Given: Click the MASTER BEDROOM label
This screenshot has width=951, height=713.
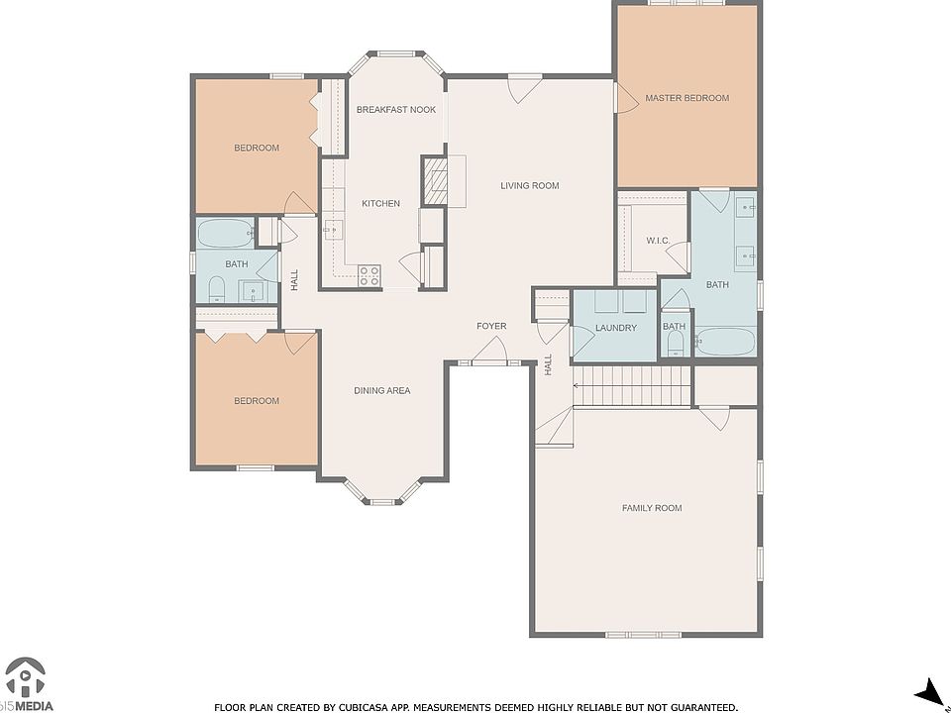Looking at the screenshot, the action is (687, 98).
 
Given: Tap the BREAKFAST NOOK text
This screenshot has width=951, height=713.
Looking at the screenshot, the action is (396, 110).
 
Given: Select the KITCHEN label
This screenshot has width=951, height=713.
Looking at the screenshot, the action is (380, 204).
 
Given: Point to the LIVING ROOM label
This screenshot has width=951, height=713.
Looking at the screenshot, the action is (529, 185).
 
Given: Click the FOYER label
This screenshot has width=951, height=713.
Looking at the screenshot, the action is (491, 326).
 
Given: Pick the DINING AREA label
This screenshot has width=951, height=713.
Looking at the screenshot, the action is (382, 391).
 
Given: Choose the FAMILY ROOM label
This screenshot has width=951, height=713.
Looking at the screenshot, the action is (652, 508).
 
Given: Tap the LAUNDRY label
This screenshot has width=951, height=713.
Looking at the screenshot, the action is (615, 328).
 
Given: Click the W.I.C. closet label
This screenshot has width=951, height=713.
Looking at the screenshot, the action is (658, 241).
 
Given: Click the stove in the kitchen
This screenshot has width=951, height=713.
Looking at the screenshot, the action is (369, 276).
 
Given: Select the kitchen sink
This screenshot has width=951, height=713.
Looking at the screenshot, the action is (333, 230).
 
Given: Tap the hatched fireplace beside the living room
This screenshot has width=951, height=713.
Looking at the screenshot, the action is (435, 180).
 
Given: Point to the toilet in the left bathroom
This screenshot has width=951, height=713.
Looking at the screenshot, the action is (217, 290).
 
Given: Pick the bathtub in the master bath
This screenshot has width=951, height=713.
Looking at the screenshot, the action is (725, 342).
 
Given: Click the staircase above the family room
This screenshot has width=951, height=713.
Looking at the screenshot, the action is (631, 386).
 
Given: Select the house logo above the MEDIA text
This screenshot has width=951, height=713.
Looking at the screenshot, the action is (25, 677).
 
